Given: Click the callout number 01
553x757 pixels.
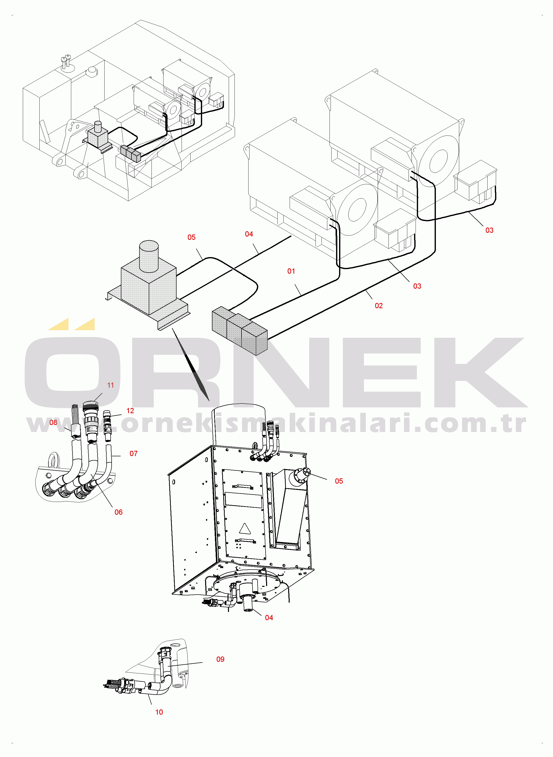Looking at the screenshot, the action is click(291, 271).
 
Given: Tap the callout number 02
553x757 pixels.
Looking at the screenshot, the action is click(379, 306).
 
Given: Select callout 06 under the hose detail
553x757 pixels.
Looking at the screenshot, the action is click(118, 512).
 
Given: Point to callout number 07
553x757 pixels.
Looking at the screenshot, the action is click(134, 453).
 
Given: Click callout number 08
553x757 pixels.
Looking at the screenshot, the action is click(53, 422).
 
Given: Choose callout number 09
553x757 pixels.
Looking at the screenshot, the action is click(220, 659).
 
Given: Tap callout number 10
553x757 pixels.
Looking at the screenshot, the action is click(159, 712).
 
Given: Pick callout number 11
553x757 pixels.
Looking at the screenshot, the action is click(110, 385).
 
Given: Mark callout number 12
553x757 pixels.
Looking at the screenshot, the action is click(130, 411).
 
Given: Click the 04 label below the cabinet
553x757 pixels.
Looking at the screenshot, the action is click(269, 618).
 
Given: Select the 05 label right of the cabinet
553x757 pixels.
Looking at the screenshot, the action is click(339, 481).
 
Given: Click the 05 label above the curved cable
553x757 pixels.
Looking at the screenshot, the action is click(191, 237).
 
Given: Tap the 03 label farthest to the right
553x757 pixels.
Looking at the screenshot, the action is click(489, 230).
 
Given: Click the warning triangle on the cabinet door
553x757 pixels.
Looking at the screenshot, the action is click(245, 529).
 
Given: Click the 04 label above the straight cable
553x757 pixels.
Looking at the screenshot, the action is click(249, 234).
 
